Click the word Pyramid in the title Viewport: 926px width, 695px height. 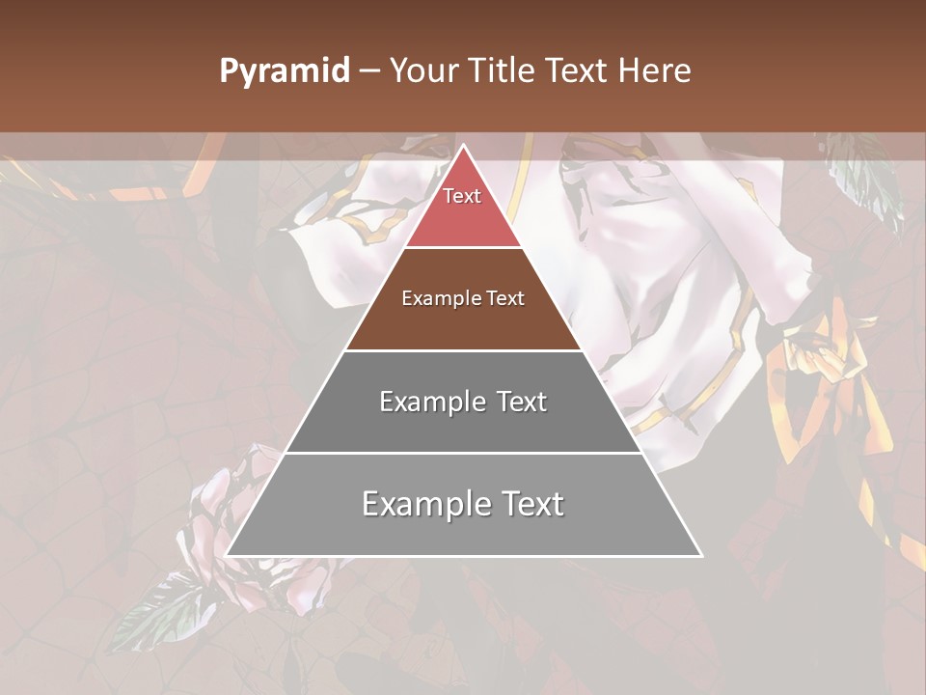click(285, 71)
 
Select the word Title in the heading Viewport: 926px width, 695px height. click(502, 71)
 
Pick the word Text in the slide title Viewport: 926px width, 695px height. click(578, 71)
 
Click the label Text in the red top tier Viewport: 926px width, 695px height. click(462, 196)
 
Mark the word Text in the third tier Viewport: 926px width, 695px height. click(521, 402)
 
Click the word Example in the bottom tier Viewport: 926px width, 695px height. click(422, 504)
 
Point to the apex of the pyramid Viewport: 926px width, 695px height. click(463, 147)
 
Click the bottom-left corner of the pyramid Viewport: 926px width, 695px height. click(228, 555)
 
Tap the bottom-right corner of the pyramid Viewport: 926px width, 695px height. click(700, 555)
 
